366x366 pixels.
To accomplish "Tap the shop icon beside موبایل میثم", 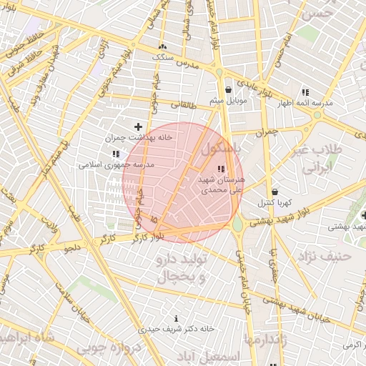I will pos(228,90).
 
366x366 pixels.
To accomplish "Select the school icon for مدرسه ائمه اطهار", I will pos(305,93).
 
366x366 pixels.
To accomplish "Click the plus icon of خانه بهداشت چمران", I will pos(138,127).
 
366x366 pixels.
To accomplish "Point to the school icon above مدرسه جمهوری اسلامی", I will pos(116,154).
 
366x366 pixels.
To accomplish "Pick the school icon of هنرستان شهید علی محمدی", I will pos(219,168).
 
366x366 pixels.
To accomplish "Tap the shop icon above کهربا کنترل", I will pos(276,192).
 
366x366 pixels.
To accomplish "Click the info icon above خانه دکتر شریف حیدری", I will pos(176,318).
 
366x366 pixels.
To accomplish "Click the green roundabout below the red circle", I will pos(238,224).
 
